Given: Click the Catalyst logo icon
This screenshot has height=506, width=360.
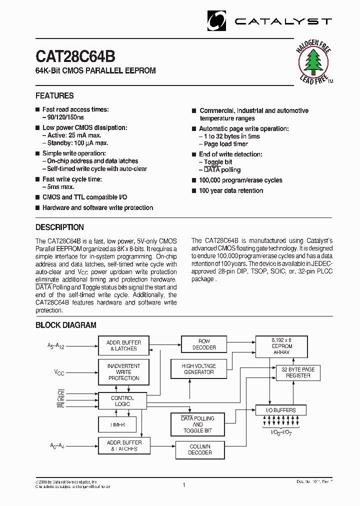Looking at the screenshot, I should click(217, 20).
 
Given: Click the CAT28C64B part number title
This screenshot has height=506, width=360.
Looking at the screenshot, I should click(75, 56).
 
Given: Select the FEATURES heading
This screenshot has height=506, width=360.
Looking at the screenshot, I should click(54, 95).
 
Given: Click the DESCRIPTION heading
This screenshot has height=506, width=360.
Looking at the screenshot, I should click(59, 227).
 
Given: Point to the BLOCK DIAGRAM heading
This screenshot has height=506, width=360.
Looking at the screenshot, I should click(65, 325).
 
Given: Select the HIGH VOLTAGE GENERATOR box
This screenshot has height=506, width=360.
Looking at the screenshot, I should click(198, 369).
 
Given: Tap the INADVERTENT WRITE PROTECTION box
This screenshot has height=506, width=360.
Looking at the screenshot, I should click(123, 372).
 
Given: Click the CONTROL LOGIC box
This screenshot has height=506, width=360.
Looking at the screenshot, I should click(122, 401).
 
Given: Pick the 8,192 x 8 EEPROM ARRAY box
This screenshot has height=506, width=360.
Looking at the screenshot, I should click(281, 346).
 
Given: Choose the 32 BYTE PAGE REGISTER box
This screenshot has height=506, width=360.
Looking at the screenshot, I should click(298, 372).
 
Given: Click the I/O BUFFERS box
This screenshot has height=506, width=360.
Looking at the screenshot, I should click(281, 410).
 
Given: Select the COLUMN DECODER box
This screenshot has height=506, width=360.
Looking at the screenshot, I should click(200, 449).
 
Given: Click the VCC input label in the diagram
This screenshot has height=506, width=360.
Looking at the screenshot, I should click(59, 372).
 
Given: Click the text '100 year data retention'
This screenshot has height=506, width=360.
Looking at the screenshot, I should click(230, 190).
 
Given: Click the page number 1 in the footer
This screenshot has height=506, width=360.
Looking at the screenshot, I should click(184, 485).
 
